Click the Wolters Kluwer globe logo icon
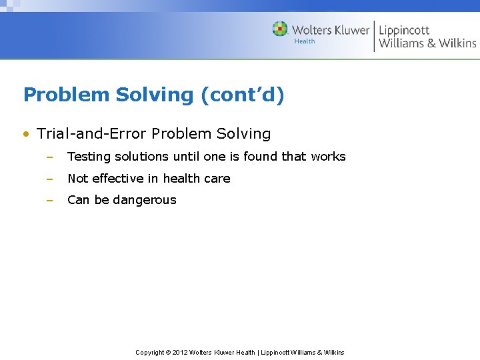[x=280, y=29]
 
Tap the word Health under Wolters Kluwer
[x=305, y=41]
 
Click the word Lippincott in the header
[x=404, y=30]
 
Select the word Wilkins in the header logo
[x=457, y=43]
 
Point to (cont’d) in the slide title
[x=242, y=95]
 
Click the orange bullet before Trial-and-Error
[x=25, y=134]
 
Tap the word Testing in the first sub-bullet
[x=89, y=157]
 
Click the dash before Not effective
[x=49, y=179]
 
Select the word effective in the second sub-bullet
[x=118, y=179]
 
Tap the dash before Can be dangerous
[x=49, y=200]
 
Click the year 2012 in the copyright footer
[x=180, y=352]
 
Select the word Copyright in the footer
[x=150, y=352]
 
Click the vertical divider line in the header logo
[x=374, y=36]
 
